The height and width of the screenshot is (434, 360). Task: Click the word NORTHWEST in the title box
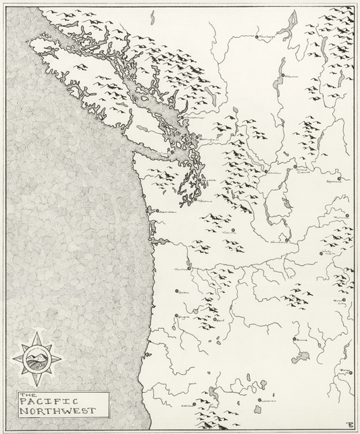pyautogui.click(x=58, y=410)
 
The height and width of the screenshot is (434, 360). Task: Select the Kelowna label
pyautogui.click(x=292, y=77)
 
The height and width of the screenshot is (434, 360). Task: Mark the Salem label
pyautogui.click(x=183, y=292)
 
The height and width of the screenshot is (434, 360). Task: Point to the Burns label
pyautogui.click(x=302, y=342)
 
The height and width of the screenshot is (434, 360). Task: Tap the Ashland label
pyautogui.click(x=187, y=406)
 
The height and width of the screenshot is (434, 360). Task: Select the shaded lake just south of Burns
pyautogui.click(x=302, y=356)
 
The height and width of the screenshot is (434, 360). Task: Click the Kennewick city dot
pyautogui.click(x=286, y=240)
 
